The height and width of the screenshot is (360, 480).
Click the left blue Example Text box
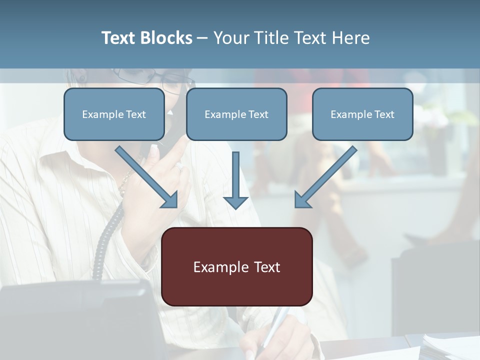(x=114, y=114)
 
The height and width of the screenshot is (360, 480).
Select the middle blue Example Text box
(x=236, y=114)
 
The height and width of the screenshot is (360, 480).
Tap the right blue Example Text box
(x=362, y=114)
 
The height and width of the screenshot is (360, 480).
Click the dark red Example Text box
(x=236, y=266)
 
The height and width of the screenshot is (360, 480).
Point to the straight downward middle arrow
(x=235, y=177)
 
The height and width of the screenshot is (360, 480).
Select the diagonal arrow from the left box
(x=146, y=176)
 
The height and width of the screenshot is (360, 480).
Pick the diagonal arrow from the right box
(x=326, y=176)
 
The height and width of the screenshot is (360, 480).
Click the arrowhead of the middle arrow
(x=235, y=202)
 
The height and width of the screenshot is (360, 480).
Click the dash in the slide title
(x=202, y=38)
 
